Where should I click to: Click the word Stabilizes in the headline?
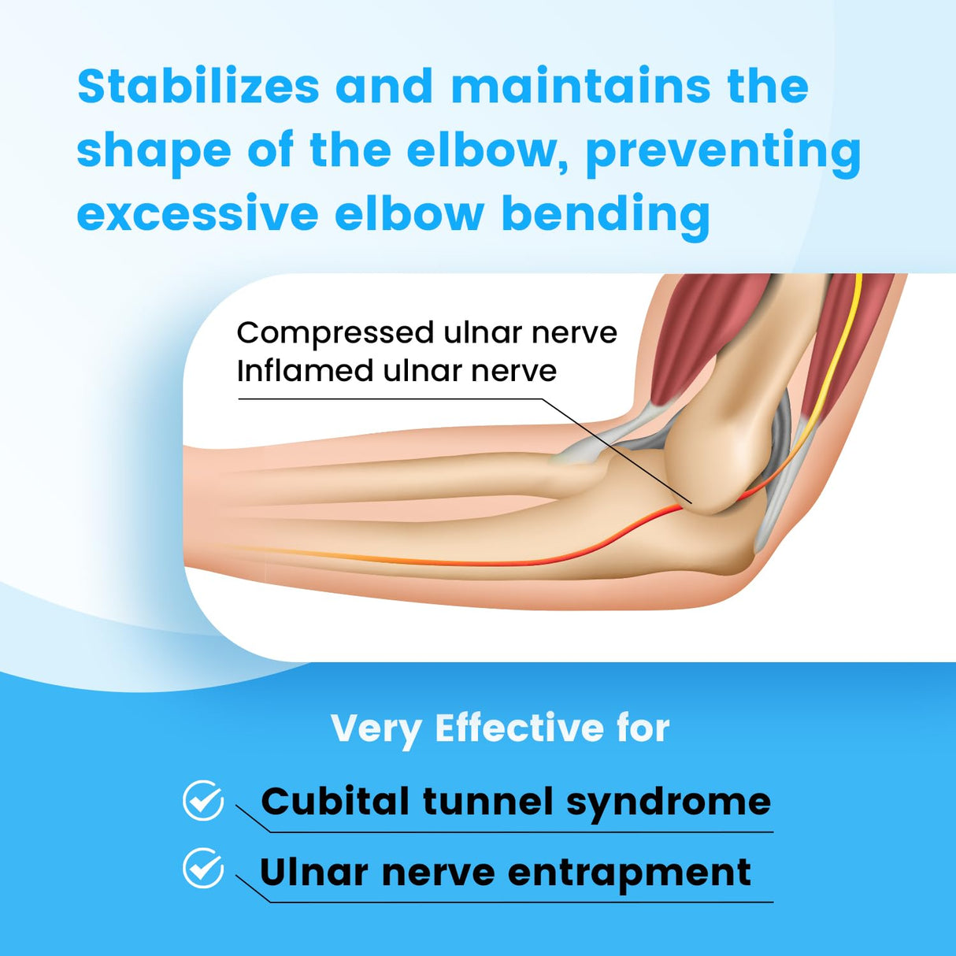pyautogui.click(x=198, y=87)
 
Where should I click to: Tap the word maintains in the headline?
pyautogui.click(x=581, y=87)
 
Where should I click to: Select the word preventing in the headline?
pyautogui.click(x=723, y=151)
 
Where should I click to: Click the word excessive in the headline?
pyautogui.click(x=197, y=214)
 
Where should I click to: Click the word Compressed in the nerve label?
pyautogui.click(x=335, y=333)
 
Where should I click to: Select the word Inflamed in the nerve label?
pyautogui.click(x=304, y=371)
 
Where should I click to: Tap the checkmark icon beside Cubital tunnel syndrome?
pyautogui.click(x=203, y=801)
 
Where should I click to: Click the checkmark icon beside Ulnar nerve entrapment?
pyautogui.click(x=203, y=869)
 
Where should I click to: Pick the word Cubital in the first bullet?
pyautogui.click(x=335, y=802)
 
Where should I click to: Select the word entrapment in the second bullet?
pyautogui.click(x=629, y=873)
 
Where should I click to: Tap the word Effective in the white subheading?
pyautogui.click(x=518, y=728)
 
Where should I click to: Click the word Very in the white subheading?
pyautogui.click(x=376, y=730)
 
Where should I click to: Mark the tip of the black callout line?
pyautogui.click(x=691, y=503)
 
